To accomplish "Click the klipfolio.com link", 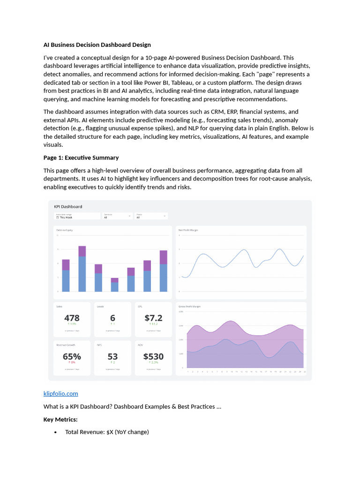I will (x=60, y=393).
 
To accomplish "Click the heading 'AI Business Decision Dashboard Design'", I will (x=97, y=45).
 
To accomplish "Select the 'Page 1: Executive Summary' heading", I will (x=81, y=157).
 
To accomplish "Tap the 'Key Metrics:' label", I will (x=60, y=419).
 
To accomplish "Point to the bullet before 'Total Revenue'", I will (x=55, y=432).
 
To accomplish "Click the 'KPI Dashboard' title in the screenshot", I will (x=68, y=206).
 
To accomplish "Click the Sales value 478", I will (x=71, y=318).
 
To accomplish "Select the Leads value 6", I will (x=112, y=318).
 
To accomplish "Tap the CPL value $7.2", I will (x=153, y=318).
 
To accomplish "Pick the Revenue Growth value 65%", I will (x=72, y=356).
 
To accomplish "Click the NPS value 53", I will (x=112, y=356).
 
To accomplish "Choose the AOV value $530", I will (x=153, y=356).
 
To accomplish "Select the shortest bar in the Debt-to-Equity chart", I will (x=114, y=285).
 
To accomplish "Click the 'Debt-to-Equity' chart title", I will (x=64, y=230).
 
